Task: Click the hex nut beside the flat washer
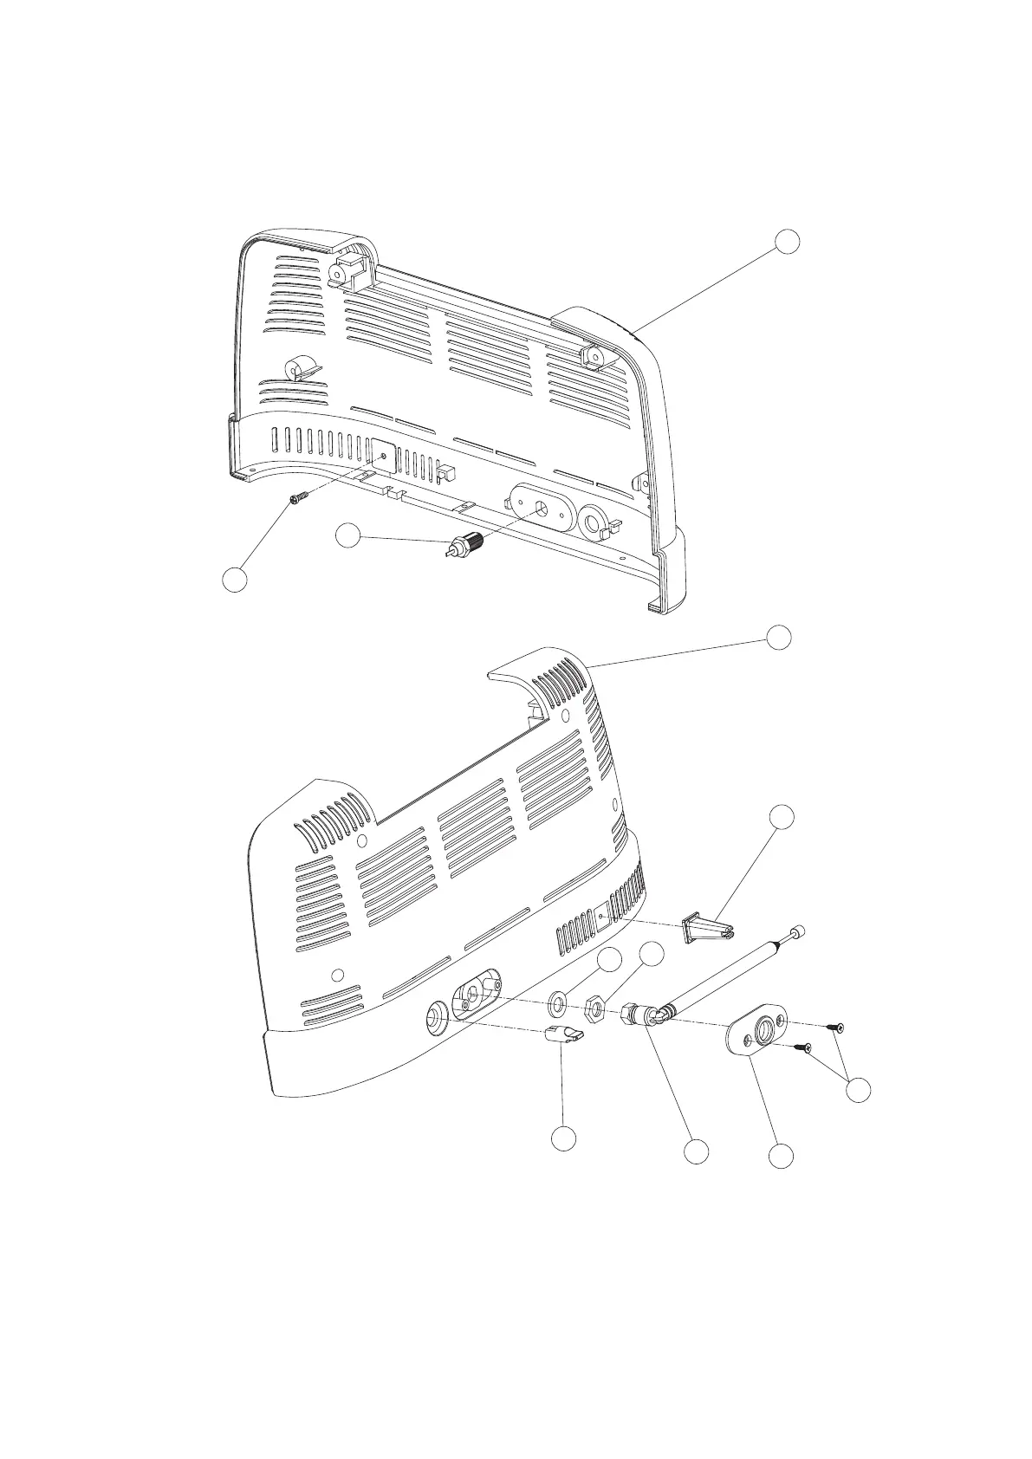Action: coord(594,1009)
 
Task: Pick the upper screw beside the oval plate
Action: coord(836,1028)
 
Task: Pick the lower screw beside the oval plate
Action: coord(805,1048)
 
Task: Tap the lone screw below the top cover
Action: coord(300,498)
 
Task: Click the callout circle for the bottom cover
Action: coord(779,636)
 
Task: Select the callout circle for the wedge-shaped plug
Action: coord(782,816)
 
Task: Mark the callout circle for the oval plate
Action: coord(782,1155)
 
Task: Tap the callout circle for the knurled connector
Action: coord(348,536)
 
